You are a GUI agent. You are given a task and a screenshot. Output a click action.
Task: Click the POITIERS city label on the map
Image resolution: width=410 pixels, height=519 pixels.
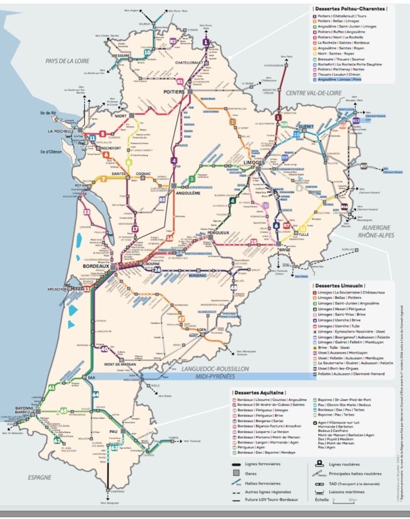[174, 92]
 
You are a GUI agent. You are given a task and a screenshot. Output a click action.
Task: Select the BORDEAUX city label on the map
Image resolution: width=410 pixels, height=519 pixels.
[96, 267]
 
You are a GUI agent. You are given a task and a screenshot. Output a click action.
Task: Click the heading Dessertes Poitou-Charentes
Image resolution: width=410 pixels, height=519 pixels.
[350, 9]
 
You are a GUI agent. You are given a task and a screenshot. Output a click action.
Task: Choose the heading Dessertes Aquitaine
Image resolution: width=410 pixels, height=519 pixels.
[260, 392]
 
